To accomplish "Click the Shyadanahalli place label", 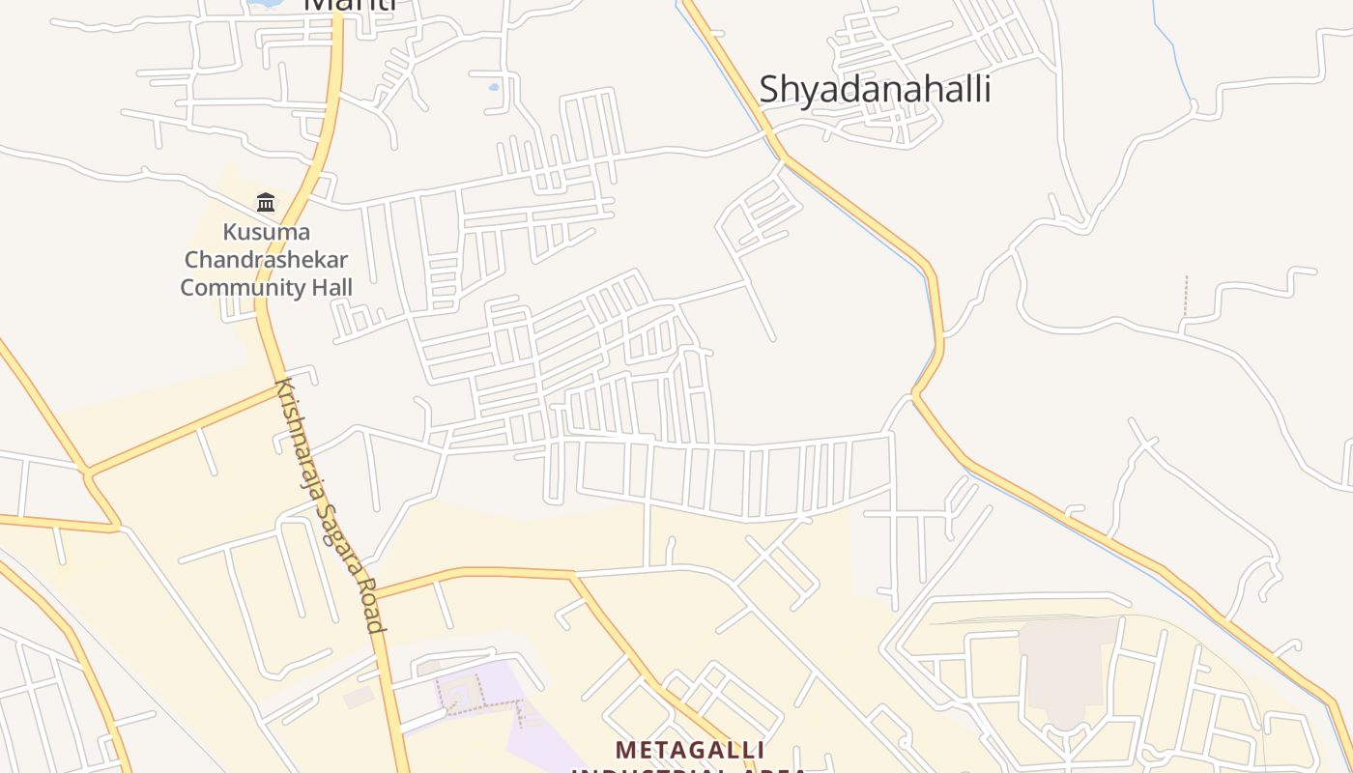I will pyautogui.click(x=875, y=89).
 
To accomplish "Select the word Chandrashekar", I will pyautogui.click(x=266, y=260).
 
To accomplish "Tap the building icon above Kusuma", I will pyautogui.click(x=266, y=202).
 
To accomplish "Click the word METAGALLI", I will pyautogui.click(x=690, y=750).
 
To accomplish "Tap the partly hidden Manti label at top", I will pyautogui.click(x=350, y=5).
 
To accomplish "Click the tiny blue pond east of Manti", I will pyautogui.click(x=494, y=87).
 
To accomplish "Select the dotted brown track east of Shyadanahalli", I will pyautogui.click(x=1186, y=296).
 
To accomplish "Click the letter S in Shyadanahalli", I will pyautogui.click(x=768, y=89).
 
